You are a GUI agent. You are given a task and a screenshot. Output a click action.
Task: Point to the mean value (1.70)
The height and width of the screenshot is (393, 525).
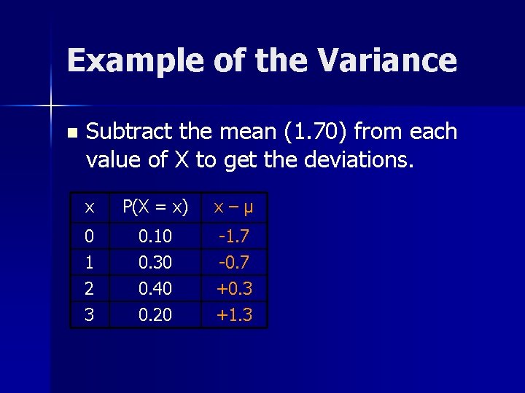click(314, 132)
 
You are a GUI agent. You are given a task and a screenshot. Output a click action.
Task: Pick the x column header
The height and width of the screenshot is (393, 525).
click(89, 207)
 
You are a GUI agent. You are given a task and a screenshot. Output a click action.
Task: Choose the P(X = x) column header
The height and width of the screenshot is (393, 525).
click(155, 207)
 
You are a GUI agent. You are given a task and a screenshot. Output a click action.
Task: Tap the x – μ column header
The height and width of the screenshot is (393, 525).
click(233, 207)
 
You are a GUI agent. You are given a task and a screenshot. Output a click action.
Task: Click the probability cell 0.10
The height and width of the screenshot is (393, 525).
click(155, 237)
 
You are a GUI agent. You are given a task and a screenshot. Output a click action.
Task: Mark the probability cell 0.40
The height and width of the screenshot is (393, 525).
click(155, 289)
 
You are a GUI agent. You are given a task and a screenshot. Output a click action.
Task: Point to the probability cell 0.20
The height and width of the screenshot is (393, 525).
click(155, 315)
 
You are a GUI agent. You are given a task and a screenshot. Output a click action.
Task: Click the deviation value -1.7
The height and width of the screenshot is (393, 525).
click(234, 237)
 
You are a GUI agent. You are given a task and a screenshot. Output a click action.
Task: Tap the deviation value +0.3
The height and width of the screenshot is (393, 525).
click(234, 289)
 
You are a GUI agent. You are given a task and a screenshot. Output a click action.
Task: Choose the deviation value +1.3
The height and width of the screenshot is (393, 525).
click(234, 315)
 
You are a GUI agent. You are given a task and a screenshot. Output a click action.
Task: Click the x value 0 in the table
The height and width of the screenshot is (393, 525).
click(89, 237)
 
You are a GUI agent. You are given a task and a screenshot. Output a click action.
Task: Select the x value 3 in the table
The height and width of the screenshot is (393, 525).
click(89, 315)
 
